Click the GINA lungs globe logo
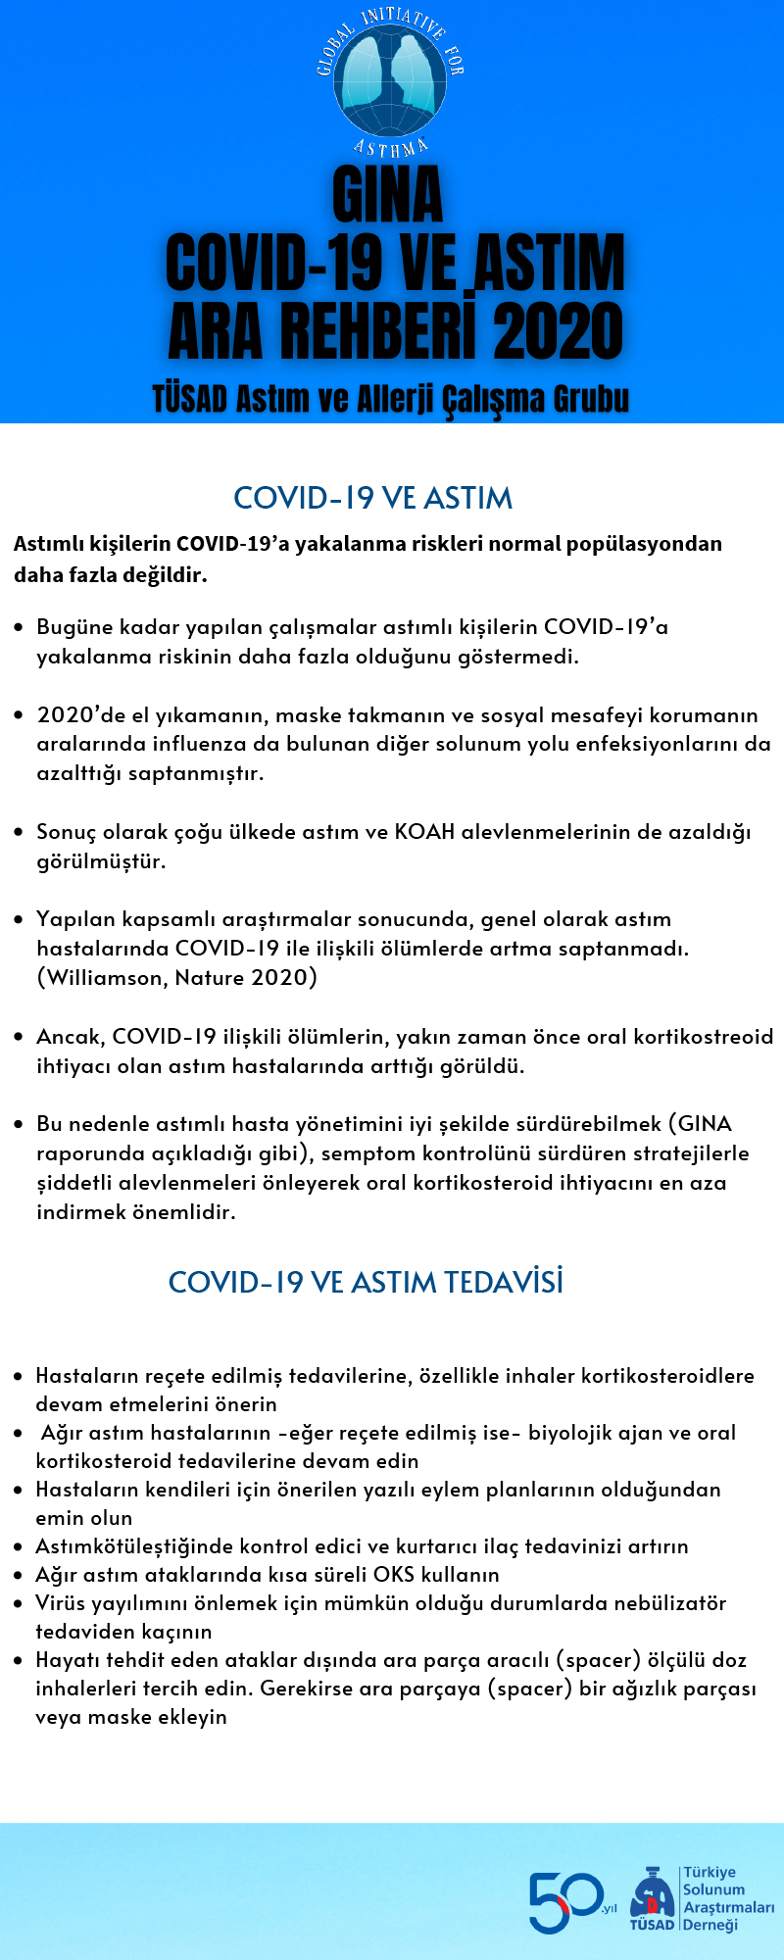click(391, 83)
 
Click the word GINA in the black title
click(388, 195)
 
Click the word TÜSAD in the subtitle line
click(189, 400)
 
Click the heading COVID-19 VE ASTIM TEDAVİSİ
click(366, 1282)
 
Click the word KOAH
click(424, 832)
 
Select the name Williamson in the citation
click(105, 977)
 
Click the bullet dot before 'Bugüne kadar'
click(19, 627)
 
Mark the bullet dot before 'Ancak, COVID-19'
click(19, 1037)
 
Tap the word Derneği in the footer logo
click(710, 1925)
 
